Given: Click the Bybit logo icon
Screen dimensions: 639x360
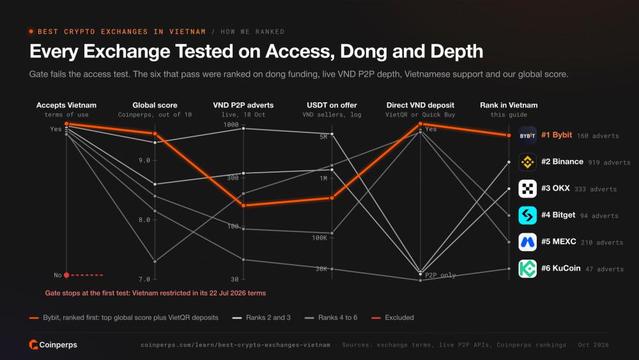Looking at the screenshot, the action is [527, 136].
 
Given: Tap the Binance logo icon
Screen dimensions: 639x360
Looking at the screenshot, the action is [527, 162].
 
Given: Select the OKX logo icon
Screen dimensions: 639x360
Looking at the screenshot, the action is [527, 189].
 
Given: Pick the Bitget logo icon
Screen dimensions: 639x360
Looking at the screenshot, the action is [527, 215].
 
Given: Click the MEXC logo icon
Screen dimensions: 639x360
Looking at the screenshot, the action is [527, 242].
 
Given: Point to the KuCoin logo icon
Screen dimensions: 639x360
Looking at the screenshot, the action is [527, 269].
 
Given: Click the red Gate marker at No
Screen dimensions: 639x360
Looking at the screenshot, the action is [66, 275].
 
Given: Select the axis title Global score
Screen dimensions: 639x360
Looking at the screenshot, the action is [155, 106].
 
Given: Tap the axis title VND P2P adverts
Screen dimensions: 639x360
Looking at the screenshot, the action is [243, 106].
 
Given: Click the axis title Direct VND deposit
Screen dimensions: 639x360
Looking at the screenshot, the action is [420, 106].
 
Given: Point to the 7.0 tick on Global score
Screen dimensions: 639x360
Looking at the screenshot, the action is [144, 279].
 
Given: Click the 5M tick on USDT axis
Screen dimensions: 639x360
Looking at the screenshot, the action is [323, 137].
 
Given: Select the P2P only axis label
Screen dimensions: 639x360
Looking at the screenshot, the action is [440, 275].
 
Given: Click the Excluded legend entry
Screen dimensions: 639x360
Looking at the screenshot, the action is [393, 318].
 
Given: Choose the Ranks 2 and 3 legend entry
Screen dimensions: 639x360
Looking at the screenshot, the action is [261, 318].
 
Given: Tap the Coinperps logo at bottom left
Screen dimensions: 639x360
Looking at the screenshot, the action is [53, 345].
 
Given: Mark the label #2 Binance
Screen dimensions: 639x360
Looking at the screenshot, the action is [562, 161].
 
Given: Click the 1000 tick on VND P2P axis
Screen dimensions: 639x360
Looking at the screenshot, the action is [231, 125].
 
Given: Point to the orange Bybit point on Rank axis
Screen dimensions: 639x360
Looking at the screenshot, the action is [509, 136].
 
